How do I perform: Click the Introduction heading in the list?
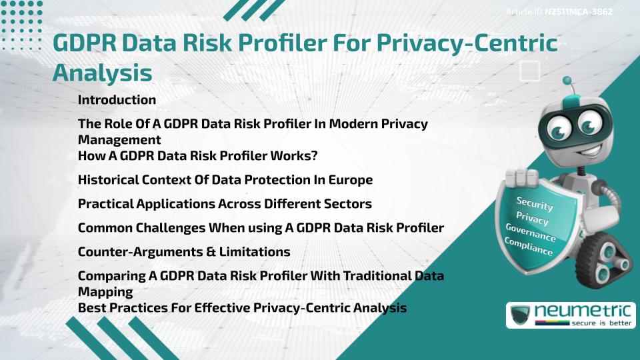[117, 100]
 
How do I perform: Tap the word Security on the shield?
[535, 203]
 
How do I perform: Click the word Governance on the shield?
[530, 232]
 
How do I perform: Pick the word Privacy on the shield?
[532, 218]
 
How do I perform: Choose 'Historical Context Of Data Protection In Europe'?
[225, 180]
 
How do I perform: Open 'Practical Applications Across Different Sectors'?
[225, 203]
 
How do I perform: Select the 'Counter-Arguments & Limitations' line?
[184, 252]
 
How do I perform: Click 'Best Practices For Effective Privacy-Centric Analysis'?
[242, 308]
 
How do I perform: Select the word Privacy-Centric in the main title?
[467, 43]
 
